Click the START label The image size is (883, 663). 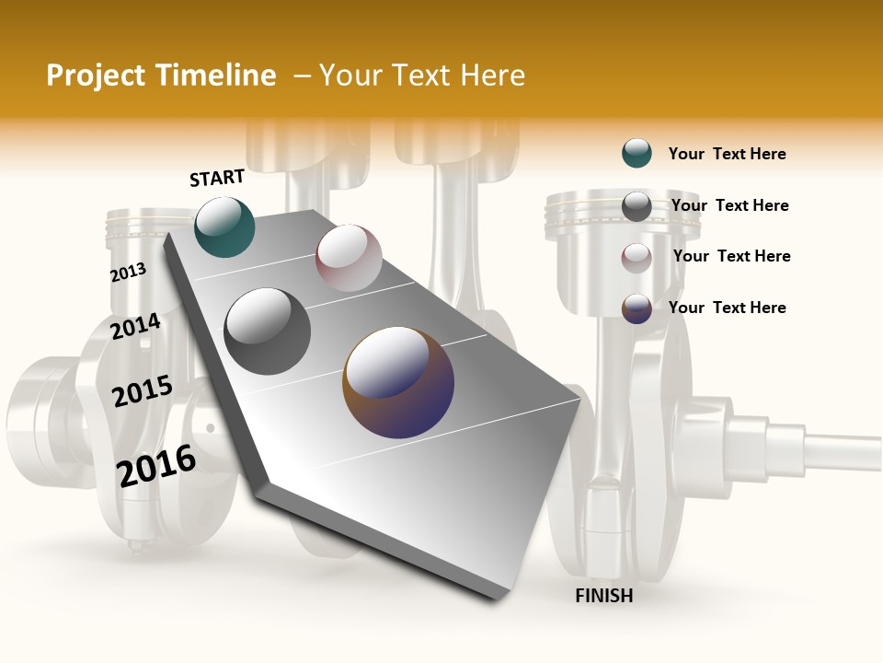coord(217,178)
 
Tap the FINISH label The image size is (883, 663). coord(603,596)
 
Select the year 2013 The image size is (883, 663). coord(128,273)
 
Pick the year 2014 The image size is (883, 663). coord(135,326)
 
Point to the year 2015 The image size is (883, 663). coord(143,390)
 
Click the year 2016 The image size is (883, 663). coord(156,465)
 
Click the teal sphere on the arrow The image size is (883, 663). coord(224,227)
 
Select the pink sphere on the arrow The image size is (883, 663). coord(349,257)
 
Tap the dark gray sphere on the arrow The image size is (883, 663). coord(268,331)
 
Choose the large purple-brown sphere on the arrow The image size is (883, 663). coord(398,382)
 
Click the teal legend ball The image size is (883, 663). coord(636,153)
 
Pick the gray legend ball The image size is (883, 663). coord(636,206)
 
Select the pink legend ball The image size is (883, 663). coord(636,258)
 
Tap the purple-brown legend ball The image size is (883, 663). coord(636,308)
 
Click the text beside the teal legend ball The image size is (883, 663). coord(727,154)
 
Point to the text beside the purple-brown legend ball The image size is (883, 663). coord(727,308)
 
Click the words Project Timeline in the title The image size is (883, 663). coord(161,76)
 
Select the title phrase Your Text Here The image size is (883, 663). coord(422,76)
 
